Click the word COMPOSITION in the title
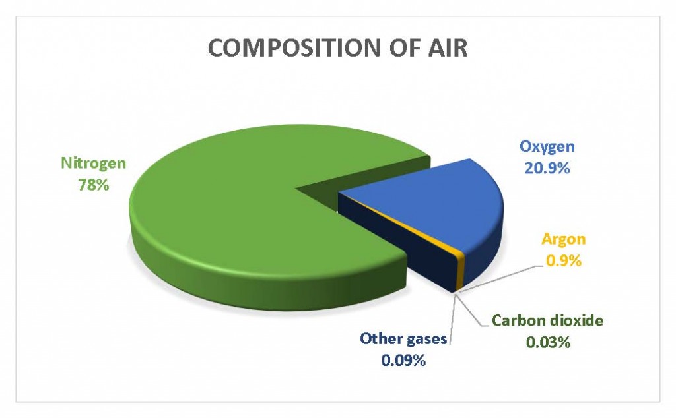click(x=294, y=47)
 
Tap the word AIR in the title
click(x=448, y=47)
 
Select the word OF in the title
click(x=403, y=47)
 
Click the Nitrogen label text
click(x=94, y=164)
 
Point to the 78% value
click(x=94, y=185)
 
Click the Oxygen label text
click(x=547, y=147)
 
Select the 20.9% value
click(x=547, y=168)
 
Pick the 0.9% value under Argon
click(x=564, y=260)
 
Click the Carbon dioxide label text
click(x=547, y=320)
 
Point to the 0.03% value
click(x=549, y=342)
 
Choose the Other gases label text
click(x=403, y=339)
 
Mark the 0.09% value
click(x=403, y=360)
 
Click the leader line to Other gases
click(x=453, y=318)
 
